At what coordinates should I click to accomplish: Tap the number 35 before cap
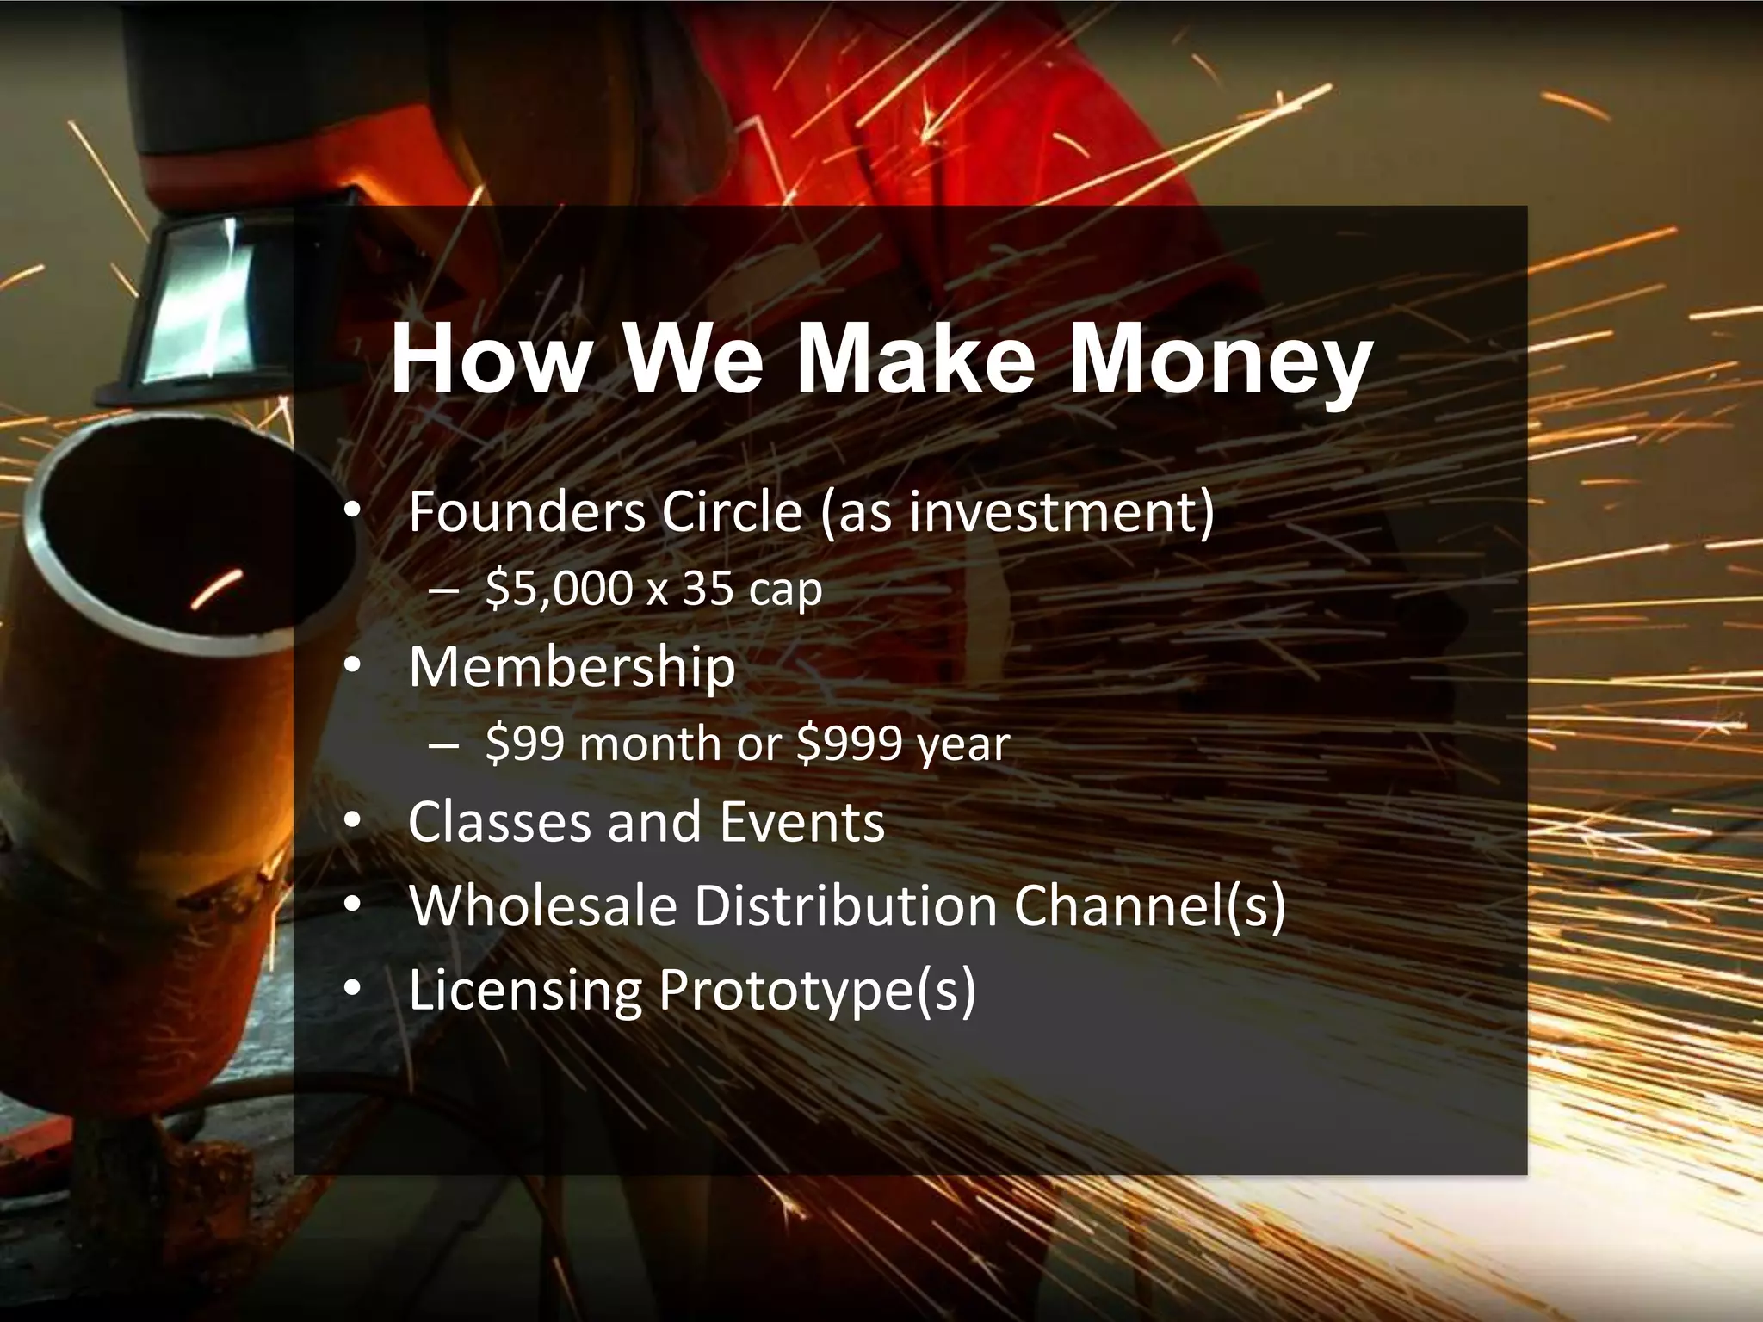[708, 590]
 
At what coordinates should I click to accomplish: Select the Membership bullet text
[572, 667]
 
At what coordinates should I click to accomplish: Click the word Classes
[499, 822]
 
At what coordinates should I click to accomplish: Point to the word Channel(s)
[1149, 905]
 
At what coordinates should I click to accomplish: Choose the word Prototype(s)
[817, 990]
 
